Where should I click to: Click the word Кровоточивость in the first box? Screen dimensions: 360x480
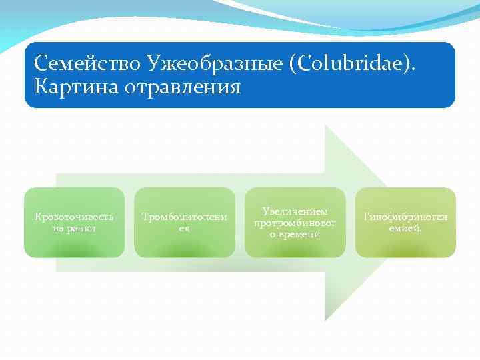click(x=74, y=217)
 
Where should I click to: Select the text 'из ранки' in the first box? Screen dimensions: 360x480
click(x=74, y=228)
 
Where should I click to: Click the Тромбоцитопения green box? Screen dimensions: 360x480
click(x=185, y=222)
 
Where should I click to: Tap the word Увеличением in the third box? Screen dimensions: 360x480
click(x=295, y=211)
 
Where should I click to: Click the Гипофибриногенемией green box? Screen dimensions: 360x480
click(x=405, y=222)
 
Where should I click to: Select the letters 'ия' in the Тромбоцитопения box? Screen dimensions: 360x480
click(x=185, y=228)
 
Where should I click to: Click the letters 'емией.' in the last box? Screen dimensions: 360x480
click(x=405, y=228)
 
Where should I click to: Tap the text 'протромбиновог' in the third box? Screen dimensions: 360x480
click(x=295, y=222)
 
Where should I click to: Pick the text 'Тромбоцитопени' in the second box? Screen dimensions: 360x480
click(x=185, y=217)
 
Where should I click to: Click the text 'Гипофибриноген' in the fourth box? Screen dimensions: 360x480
click(x=405, y=217)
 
